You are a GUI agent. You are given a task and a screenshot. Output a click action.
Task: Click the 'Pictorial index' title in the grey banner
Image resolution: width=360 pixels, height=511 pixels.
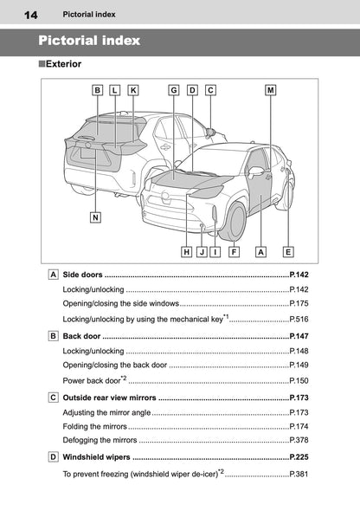click(x=89, y=41)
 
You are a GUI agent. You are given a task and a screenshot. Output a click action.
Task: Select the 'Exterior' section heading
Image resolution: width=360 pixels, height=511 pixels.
click(x=67, y=64)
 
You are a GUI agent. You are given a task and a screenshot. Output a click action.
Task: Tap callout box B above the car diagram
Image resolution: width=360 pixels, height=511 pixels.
click(x=98, y=89)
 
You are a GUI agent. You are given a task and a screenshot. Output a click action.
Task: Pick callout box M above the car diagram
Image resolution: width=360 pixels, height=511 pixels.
click(x=271, y=89)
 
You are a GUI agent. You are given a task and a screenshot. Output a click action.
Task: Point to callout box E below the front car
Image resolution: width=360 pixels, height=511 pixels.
click(x=287, y=252)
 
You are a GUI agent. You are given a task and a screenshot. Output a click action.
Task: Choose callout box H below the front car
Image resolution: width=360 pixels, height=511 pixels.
click(x=187, y=252)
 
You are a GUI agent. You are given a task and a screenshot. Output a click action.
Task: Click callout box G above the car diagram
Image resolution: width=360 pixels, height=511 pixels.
click(x=174, y=89)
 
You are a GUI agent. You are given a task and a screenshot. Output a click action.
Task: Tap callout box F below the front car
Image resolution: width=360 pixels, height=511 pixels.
click(x=235, y=252)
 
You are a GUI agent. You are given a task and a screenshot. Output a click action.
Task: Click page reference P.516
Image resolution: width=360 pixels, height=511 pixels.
click(x=299, y=320)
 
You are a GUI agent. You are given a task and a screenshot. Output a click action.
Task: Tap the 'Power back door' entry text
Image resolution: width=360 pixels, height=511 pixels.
click(x=92, y=379)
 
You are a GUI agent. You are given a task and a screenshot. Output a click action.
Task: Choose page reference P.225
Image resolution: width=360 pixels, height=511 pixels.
click(x=299, y=456)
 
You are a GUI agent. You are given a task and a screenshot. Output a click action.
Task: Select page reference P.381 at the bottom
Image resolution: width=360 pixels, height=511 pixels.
click(x=299, y=474)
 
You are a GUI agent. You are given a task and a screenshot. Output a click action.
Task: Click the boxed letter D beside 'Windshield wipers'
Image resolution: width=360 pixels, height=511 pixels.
click(x=54, y=456)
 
